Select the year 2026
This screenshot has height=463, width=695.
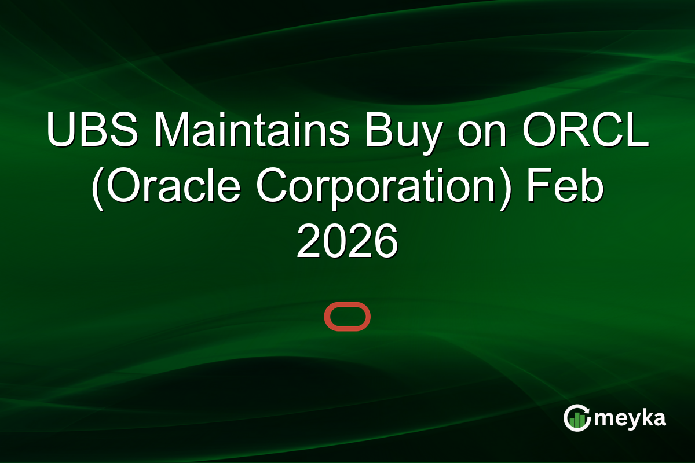tap(347, 241)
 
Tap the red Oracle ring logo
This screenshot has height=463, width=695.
tap(347, 317)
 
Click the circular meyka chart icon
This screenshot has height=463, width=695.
tap(577, 418)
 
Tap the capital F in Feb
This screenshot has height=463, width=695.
tap(536, 186)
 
